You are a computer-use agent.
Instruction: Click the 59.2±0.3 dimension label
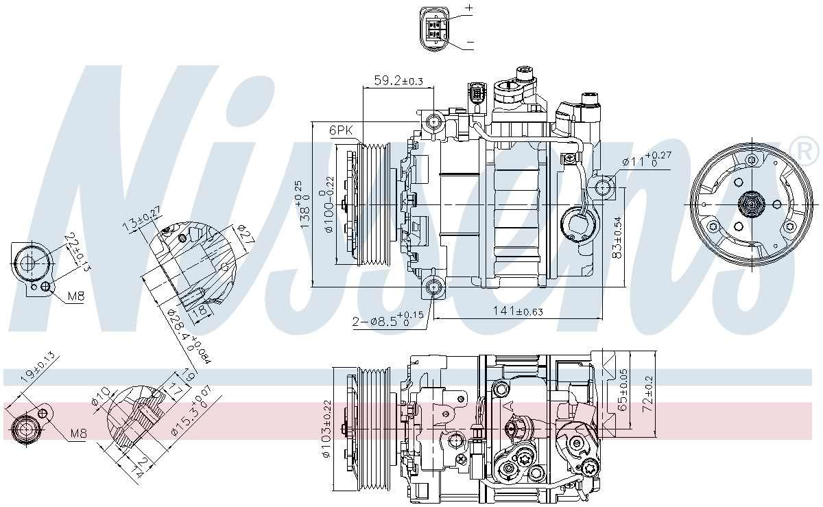(398, 82)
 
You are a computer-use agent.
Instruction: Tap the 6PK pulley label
(341, 130)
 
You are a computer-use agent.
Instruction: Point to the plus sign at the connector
(469, 8)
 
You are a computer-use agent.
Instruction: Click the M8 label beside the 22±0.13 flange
(76, 297)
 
